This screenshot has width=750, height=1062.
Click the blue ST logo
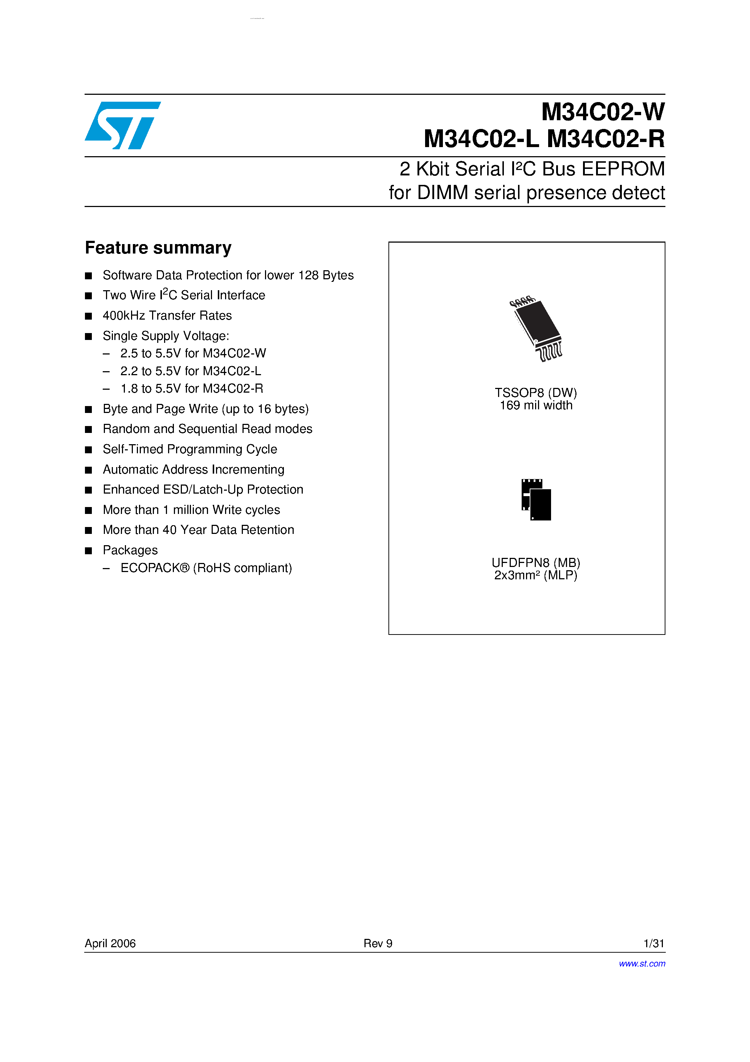coord(123,125)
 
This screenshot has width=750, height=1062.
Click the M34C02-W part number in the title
coord(603,112)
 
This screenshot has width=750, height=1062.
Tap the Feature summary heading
coord(158,248)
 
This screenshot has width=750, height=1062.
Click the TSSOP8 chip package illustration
coord(537,328)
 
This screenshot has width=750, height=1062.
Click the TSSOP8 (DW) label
coord(535,393)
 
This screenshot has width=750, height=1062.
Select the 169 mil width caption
coord(536,406)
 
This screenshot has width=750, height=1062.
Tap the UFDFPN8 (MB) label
coord(535,563)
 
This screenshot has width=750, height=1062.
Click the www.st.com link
coord(642,964)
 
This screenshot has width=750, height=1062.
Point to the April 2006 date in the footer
coord(110,943)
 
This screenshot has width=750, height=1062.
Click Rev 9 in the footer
coord(378,943)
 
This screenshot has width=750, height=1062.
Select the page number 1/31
coord(653,943)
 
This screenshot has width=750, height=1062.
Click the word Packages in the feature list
coord(130,550)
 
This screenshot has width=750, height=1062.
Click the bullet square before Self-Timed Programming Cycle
coord(88,450)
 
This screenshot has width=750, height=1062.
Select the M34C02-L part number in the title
coord(481,139)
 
